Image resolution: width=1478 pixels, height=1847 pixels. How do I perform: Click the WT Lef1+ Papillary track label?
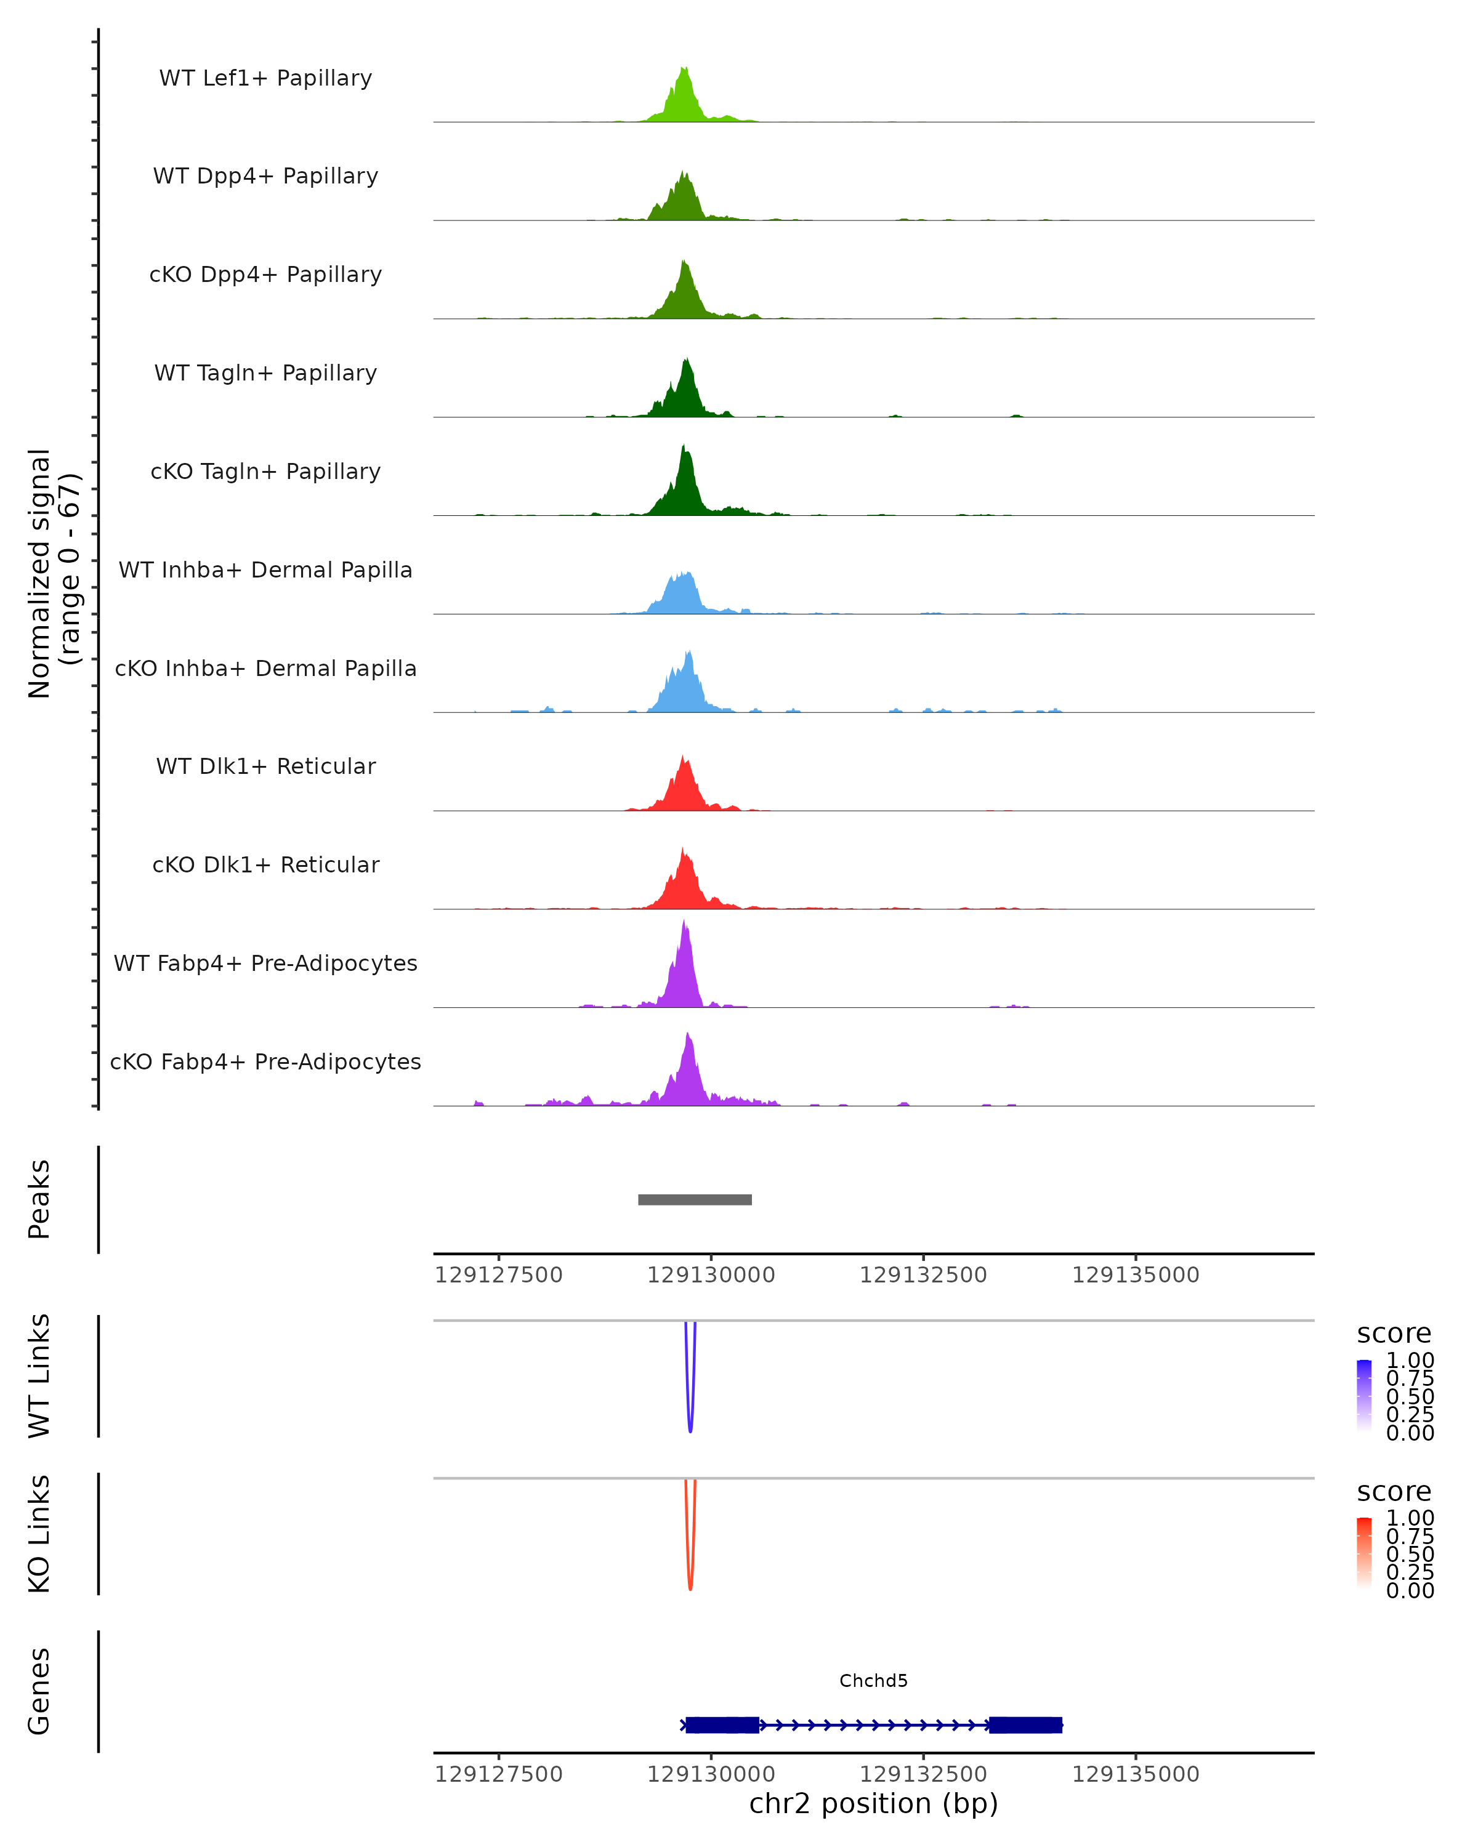coord(265,78)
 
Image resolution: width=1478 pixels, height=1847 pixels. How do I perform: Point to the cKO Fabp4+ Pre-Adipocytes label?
coord(265,1061)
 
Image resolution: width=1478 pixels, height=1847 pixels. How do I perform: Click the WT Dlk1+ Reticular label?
coord(265,766)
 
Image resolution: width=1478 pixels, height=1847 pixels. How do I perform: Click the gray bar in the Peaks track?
coord(695,1199)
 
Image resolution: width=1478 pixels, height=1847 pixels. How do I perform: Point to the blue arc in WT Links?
coord(690,1422)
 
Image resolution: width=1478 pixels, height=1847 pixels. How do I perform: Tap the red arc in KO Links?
coord(690,1580)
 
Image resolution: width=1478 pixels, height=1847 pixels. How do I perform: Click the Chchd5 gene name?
coord(873,1681)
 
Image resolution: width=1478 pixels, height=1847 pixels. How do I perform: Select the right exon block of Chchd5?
coord(1025,1724)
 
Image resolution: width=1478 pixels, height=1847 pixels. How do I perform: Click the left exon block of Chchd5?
coord(721,1724)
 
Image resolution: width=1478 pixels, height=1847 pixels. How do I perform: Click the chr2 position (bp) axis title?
coord(873,1803)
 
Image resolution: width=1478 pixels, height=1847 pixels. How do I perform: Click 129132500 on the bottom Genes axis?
coord(923,1774)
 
